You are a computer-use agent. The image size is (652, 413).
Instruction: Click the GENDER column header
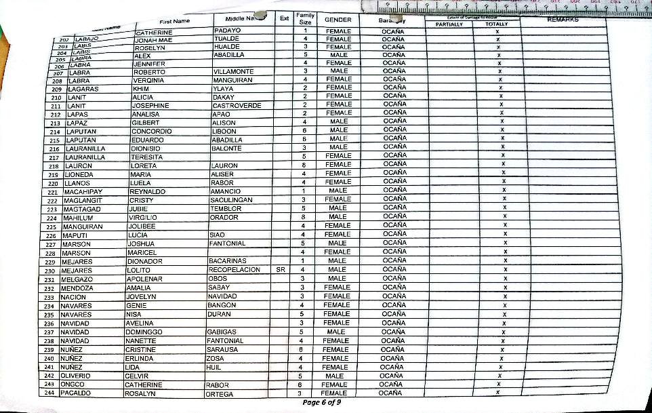pos(338,20)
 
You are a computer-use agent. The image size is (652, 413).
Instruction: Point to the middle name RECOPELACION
pos(234,270)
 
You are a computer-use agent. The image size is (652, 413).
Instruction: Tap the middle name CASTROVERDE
pos(237,105)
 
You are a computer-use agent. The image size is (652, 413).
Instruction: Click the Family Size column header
pos(306,18)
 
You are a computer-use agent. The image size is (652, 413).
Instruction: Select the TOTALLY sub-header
pos(496,24)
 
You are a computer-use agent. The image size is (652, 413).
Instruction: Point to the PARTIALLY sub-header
pos(449,24)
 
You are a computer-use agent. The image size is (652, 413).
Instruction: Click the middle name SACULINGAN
pos(231,200)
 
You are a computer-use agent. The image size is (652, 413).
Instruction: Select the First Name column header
pos(174,20)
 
